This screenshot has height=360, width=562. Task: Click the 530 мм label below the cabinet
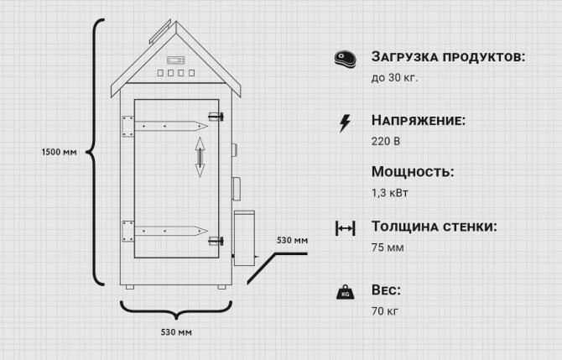tap(176, 332)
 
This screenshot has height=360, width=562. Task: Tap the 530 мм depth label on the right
tap(293, 241)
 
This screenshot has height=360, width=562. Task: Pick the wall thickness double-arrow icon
tap(344, 228)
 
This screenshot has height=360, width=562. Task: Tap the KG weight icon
tap(344, 292)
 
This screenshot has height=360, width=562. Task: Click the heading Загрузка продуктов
tap(448, 58)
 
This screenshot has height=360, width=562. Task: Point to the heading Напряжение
tap(418, 122)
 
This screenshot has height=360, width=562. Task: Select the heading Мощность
tap(412, 172)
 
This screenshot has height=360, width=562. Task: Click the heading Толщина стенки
tap(434, 227)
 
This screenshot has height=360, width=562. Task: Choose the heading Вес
tap(386, 290)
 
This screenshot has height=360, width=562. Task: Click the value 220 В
tap(385, 141)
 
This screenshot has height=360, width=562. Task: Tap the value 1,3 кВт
tap(389, 192)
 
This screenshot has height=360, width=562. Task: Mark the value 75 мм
tap(387, 248)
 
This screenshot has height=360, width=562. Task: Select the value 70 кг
tap(385, 311)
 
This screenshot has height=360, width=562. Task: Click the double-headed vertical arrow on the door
tap(200, 157)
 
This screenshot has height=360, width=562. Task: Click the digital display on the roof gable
tap(176, 60)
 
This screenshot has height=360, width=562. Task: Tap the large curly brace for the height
tap(98, 153)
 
